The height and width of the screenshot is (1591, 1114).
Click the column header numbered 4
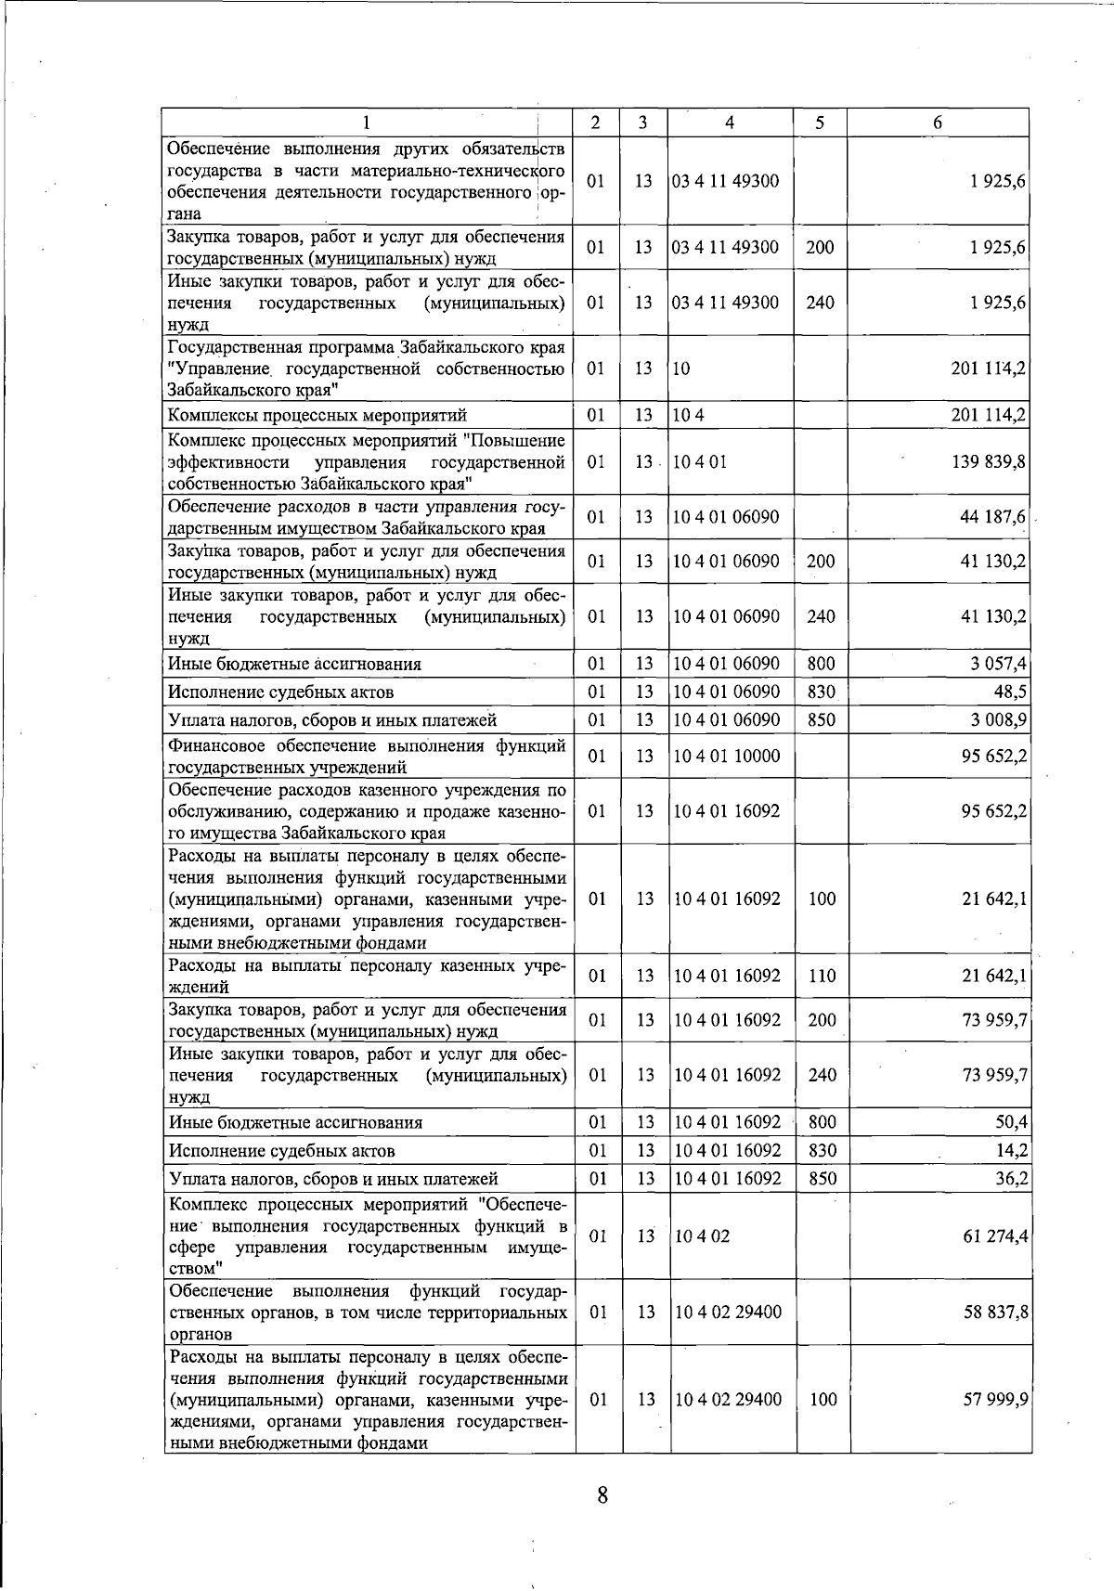point(730,123)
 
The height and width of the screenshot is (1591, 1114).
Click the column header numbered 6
point(938,123)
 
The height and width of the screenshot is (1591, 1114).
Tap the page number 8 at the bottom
point(602,1495)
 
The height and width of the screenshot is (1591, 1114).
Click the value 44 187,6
point(992,517)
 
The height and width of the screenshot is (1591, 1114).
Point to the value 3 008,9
point(997,719)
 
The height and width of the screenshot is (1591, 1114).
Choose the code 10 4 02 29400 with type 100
point(728,1399)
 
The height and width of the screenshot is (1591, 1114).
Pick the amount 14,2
point(1010,1151)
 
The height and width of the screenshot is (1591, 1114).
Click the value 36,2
point(1010,1179)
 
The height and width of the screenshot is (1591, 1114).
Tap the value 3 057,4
point(997,664)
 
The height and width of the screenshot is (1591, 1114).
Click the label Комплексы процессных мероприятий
point(317,415)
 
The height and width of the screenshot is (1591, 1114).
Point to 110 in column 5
point(822,976)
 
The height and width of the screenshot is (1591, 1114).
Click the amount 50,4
point(1010,1122)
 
